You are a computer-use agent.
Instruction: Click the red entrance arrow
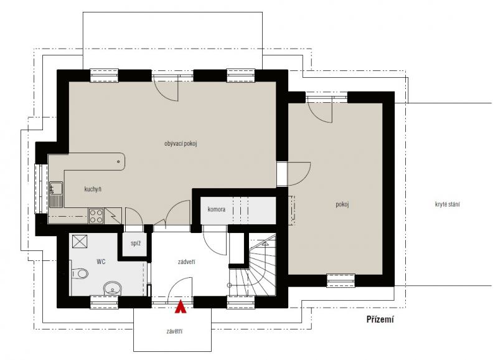click(x=181, y=306)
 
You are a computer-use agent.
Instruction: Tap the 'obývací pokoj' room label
click(x=181, y=144)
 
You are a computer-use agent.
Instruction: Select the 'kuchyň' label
click(x=93, y=189)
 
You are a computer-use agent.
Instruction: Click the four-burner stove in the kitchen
click(x=96, y=216)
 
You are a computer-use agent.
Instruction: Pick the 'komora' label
click(x=217, y=209)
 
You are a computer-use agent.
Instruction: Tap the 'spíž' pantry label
click(x=136, y=244)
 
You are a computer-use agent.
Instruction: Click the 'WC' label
click(x=101, y=262)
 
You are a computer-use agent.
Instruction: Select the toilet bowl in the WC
click(x=79, y=273)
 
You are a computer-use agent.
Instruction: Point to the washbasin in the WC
click(x=113, y=288)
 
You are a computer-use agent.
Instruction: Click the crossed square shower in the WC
click(x=80, y=241)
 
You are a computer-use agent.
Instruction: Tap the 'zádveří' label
click(x=186, y=262)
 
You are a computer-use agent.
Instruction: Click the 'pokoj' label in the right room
click(x=342, y=204)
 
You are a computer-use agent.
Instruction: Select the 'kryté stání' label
click(x=447, y=204)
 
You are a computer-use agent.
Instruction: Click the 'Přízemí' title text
click(x=380, y=319)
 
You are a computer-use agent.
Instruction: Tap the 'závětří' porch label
click(x=174, y=331)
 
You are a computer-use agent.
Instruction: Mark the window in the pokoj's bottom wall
click(x=341, y=280)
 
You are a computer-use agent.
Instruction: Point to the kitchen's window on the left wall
click(x=40, y=189)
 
